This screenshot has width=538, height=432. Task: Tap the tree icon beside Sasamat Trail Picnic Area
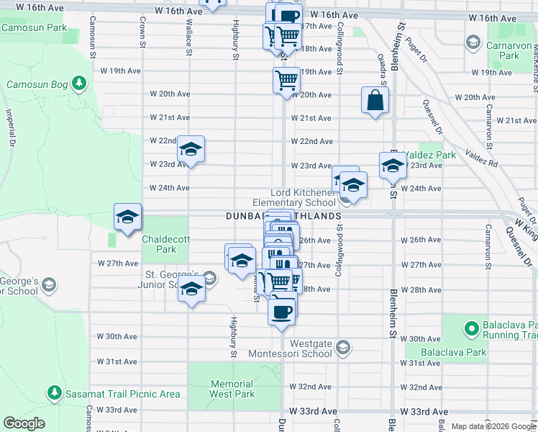pos(54,393)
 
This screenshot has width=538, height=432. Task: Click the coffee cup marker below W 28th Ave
pos(282,311)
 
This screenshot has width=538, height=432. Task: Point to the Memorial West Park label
pos(232,389)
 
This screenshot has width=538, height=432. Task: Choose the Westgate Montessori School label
pos(290,348)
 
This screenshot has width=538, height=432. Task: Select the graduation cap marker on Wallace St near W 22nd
pos(191,150)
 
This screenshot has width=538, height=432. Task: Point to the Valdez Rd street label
pos(481,158)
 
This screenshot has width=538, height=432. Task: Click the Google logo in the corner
pos(24,423)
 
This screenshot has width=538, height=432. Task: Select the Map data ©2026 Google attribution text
pos(493,426)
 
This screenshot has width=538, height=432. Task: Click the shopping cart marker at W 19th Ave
pos(286,79)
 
